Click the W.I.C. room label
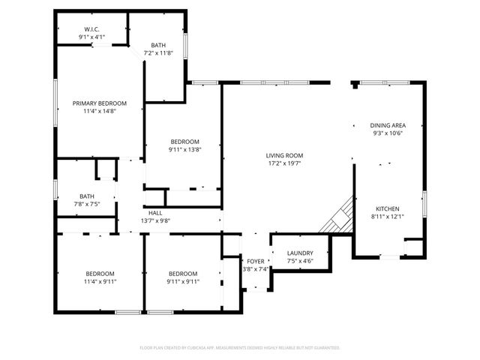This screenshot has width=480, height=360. pos(92,29)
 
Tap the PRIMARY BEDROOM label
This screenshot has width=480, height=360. pos(99,103)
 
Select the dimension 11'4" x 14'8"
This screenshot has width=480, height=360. pos(99,112)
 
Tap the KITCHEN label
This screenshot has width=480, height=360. pos(388,208)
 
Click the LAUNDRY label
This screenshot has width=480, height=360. pos(300,253)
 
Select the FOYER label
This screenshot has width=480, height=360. pos(256,262)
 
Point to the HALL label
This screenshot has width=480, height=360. pos(155,213)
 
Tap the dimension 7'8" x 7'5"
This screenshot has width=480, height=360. pos(87,203)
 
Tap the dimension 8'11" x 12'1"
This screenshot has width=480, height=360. pos(388,217)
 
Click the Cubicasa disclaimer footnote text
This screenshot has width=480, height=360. pos(240,348)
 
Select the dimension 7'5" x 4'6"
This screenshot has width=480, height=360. pos(300,262)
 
